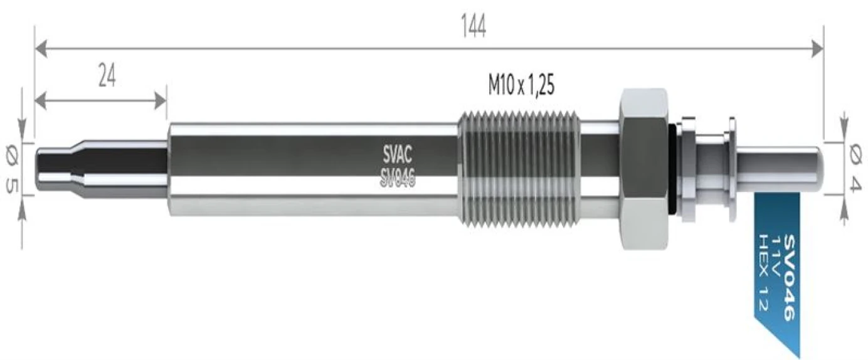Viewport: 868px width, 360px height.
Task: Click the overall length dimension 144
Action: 474,26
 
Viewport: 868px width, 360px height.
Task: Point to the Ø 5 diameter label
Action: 12,169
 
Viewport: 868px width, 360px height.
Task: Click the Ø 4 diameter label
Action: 855,169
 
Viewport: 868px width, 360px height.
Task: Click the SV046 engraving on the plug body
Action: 397,179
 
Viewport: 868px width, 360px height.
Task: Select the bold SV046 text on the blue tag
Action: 790,277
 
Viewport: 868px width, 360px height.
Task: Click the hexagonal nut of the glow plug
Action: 645,169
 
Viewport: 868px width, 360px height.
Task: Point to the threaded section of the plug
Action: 519,169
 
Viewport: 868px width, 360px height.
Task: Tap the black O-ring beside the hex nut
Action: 675,169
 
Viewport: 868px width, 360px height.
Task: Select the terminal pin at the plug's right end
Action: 779,169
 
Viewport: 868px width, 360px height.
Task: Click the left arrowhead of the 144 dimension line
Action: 41,49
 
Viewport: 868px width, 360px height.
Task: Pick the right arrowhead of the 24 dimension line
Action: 161,101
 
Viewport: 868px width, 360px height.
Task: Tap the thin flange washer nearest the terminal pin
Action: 732,169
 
